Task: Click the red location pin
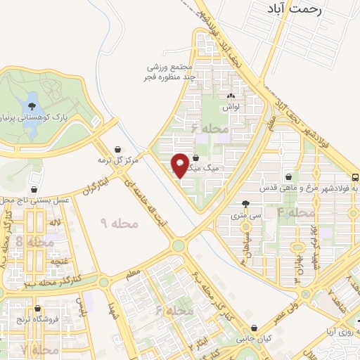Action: coord(180,165)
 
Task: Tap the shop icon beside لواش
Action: coord(231,96)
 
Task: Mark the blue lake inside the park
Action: coord(31,106)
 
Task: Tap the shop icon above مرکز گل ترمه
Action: coord(117,148)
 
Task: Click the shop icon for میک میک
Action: coord(195,158)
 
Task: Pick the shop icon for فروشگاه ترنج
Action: coord(37,309)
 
